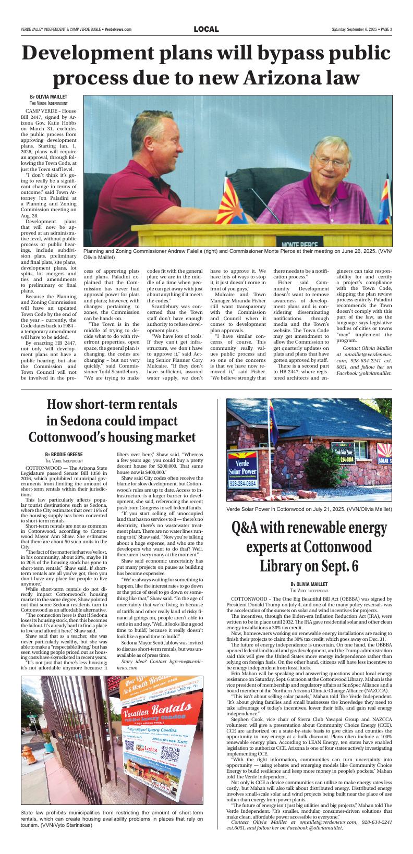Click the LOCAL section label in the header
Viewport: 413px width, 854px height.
206,29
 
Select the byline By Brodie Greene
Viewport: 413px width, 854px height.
64,455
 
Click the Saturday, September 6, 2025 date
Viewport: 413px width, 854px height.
353,29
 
